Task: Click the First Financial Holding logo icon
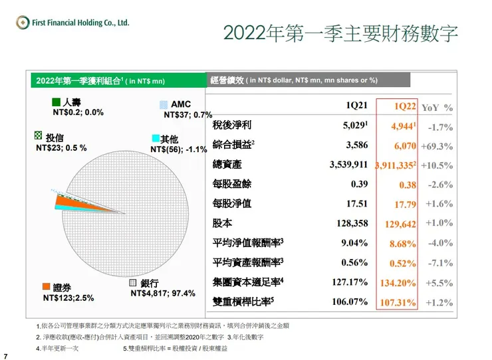coord(23,23)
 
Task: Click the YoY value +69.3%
coord(439,145)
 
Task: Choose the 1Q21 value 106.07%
coord(350,302)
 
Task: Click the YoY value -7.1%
coord(439,263)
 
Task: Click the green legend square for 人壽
coord(57,104)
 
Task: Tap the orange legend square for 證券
coord(46,287)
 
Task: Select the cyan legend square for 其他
coord(156,138)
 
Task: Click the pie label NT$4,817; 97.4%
coord(163,293)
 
